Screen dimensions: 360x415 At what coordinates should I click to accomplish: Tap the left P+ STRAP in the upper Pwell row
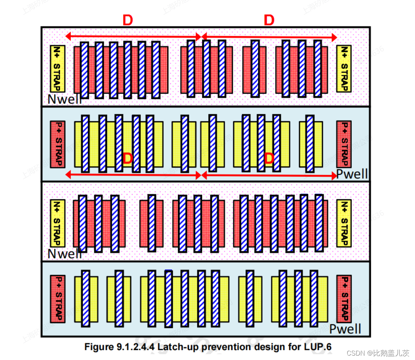tap(57, 144)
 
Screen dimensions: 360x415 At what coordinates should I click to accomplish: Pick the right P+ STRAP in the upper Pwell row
tap(343, 144)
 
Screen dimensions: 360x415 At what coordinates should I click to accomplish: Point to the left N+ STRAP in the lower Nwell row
tap(57, 223)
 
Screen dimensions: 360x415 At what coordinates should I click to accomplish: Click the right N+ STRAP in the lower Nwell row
tap(343, 223)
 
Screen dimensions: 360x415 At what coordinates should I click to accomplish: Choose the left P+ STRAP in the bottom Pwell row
tap(57, 299)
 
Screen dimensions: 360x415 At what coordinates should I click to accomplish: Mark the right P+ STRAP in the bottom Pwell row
tap(343, 299)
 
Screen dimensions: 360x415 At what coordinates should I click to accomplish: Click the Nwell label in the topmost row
tap(65, 99)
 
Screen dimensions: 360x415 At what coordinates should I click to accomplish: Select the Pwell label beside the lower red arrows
tap(352, 174)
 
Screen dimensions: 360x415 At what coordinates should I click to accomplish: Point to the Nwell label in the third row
tap(65, 253)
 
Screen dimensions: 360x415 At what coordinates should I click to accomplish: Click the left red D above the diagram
tap(127, 21)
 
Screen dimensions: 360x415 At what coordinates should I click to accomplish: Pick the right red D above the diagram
tap(269, 21)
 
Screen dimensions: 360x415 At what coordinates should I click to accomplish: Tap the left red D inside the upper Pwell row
tap(127, 159)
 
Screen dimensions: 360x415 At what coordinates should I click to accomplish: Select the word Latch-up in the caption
tap(174, 346)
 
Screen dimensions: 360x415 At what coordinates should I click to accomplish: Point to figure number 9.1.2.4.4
tap(135, 346)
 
